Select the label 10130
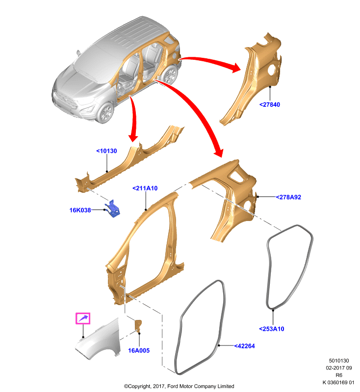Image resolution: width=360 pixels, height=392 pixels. tap(106, 151)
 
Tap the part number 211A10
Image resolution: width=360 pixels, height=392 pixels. tap(145, 188)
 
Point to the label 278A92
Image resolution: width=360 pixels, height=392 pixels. tap(288, 197)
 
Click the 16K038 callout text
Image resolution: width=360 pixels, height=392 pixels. tap(80, 210)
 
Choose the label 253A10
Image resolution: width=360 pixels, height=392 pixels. tap(272, 329)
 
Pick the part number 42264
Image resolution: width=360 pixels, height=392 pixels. tap(244, 346)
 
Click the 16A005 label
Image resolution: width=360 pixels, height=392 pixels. tap(139, 350)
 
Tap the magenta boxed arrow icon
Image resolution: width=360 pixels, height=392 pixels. tap(83, 318)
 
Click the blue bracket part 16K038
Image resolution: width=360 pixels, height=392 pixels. tap(113, 209)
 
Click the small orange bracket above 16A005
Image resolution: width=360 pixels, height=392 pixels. tap(138, 325)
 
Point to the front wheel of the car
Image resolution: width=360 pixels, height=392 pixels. tap(106, 113)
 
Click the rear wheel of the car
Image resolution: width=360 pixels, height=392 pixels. tap(170, 74)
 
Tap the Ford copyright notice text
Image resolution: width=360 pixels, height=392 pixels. tap(179, 386)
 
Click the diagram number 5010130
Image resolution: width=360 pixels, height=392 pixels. tap(339, 361)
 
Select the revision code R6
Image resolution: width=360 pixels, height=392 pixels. tap(339, 375)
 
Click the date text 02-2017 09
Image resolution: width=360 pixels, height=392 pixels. tap(339, 368)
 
